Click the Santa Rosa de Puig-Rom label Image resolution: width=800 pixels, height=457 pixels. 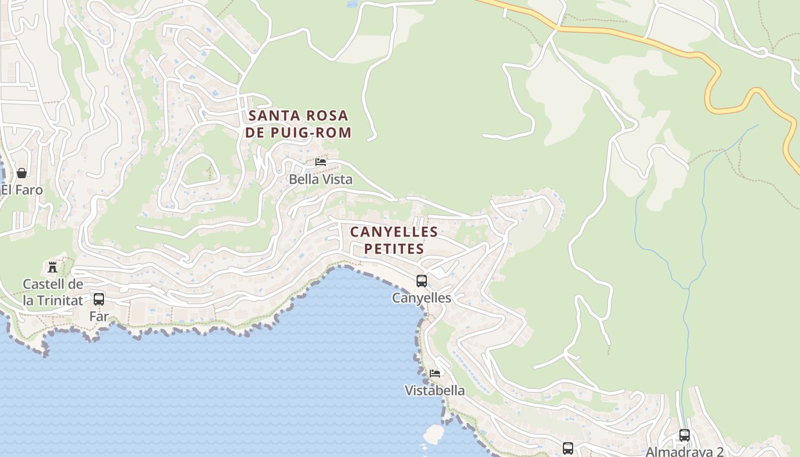pyautogui.click(x=299, y=124)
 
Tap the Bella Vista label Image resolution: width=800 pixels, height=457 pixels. pyautogui.click(x=321, y=179)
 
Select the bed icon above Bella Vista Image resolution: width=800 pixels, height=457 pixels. pyautogui.click(x=321, y=162)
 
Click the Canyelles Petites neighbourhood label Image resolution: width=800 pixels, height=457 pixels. pyautogui.click(x=394, y=240)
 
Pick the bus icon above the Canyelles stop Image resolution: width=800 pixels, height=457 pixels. pyautogui.click(x=422, y=280)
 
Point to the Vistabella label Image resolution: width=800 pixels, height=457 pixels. pyautogui.click(x=434, y=391)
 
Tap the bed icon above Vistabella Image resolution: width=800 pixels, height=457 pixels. pyautogui.click(x=435, y=374)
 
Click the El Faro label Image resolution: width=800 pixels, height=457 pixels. pyautogui.click(x=22, y=190)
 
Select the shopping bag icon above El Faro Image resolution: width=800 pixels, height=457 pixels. pyautogui.click(x=22, y=173)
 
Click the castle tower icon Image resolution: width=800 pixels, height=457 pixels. pyautogui.click(x=53, y=267)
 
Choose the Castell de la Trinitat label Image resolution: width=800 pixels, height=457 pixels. pyautogui.click(x=53, y=292)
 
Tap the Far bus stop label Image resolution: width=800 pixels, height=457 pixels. pyautogui.click(x=99, y=316)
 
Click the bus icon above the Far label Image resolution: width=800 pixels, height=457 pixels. pyautogui.click(x=99, y=299)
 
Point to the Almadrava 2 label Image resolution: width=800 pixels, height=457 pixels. pyautogui.click(x=685, y=451)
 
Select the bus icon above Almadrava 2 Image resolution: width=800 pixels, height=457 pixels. pyautogui.click(x=685, y=435)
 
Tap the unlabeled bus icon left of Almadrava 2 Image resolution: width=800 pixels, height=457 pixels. pyautogui.click(x=567, y=448)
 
